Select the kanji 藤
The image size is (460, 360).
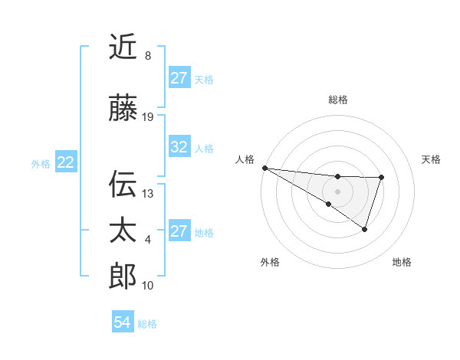point(123,110)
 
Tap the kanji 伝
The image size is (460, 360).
point(123,185)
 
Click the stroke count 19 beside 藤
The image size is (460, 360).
point(149,117)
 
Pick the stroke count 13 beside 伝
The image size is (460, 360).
point(149,193)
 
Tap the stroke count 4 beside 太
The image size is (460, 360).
point(148,240)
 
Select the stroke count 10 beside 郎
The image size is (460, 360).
point(149,285)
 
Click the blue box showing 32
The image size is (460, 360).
point(179,147)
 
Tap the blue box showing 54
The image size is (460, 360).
point(123,323)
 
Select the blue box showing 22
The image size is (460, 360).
point(66,162)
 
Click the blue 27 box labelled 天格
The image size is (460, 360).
point(179,78)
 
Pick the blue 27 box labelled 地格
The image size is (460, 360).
point(179,231)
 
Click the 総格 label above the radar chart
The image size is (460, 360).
point(338,100)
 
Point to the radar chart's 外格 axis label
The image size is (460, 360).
point(270,262)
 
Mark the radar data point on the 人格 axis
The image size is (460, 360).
point(264,168)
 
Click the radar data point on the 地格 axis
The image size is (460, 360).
point(365,229)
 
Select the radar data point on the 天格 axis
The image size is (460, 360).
point(381,178)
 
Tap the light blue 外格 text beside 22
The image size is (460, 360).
point(41,163)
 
